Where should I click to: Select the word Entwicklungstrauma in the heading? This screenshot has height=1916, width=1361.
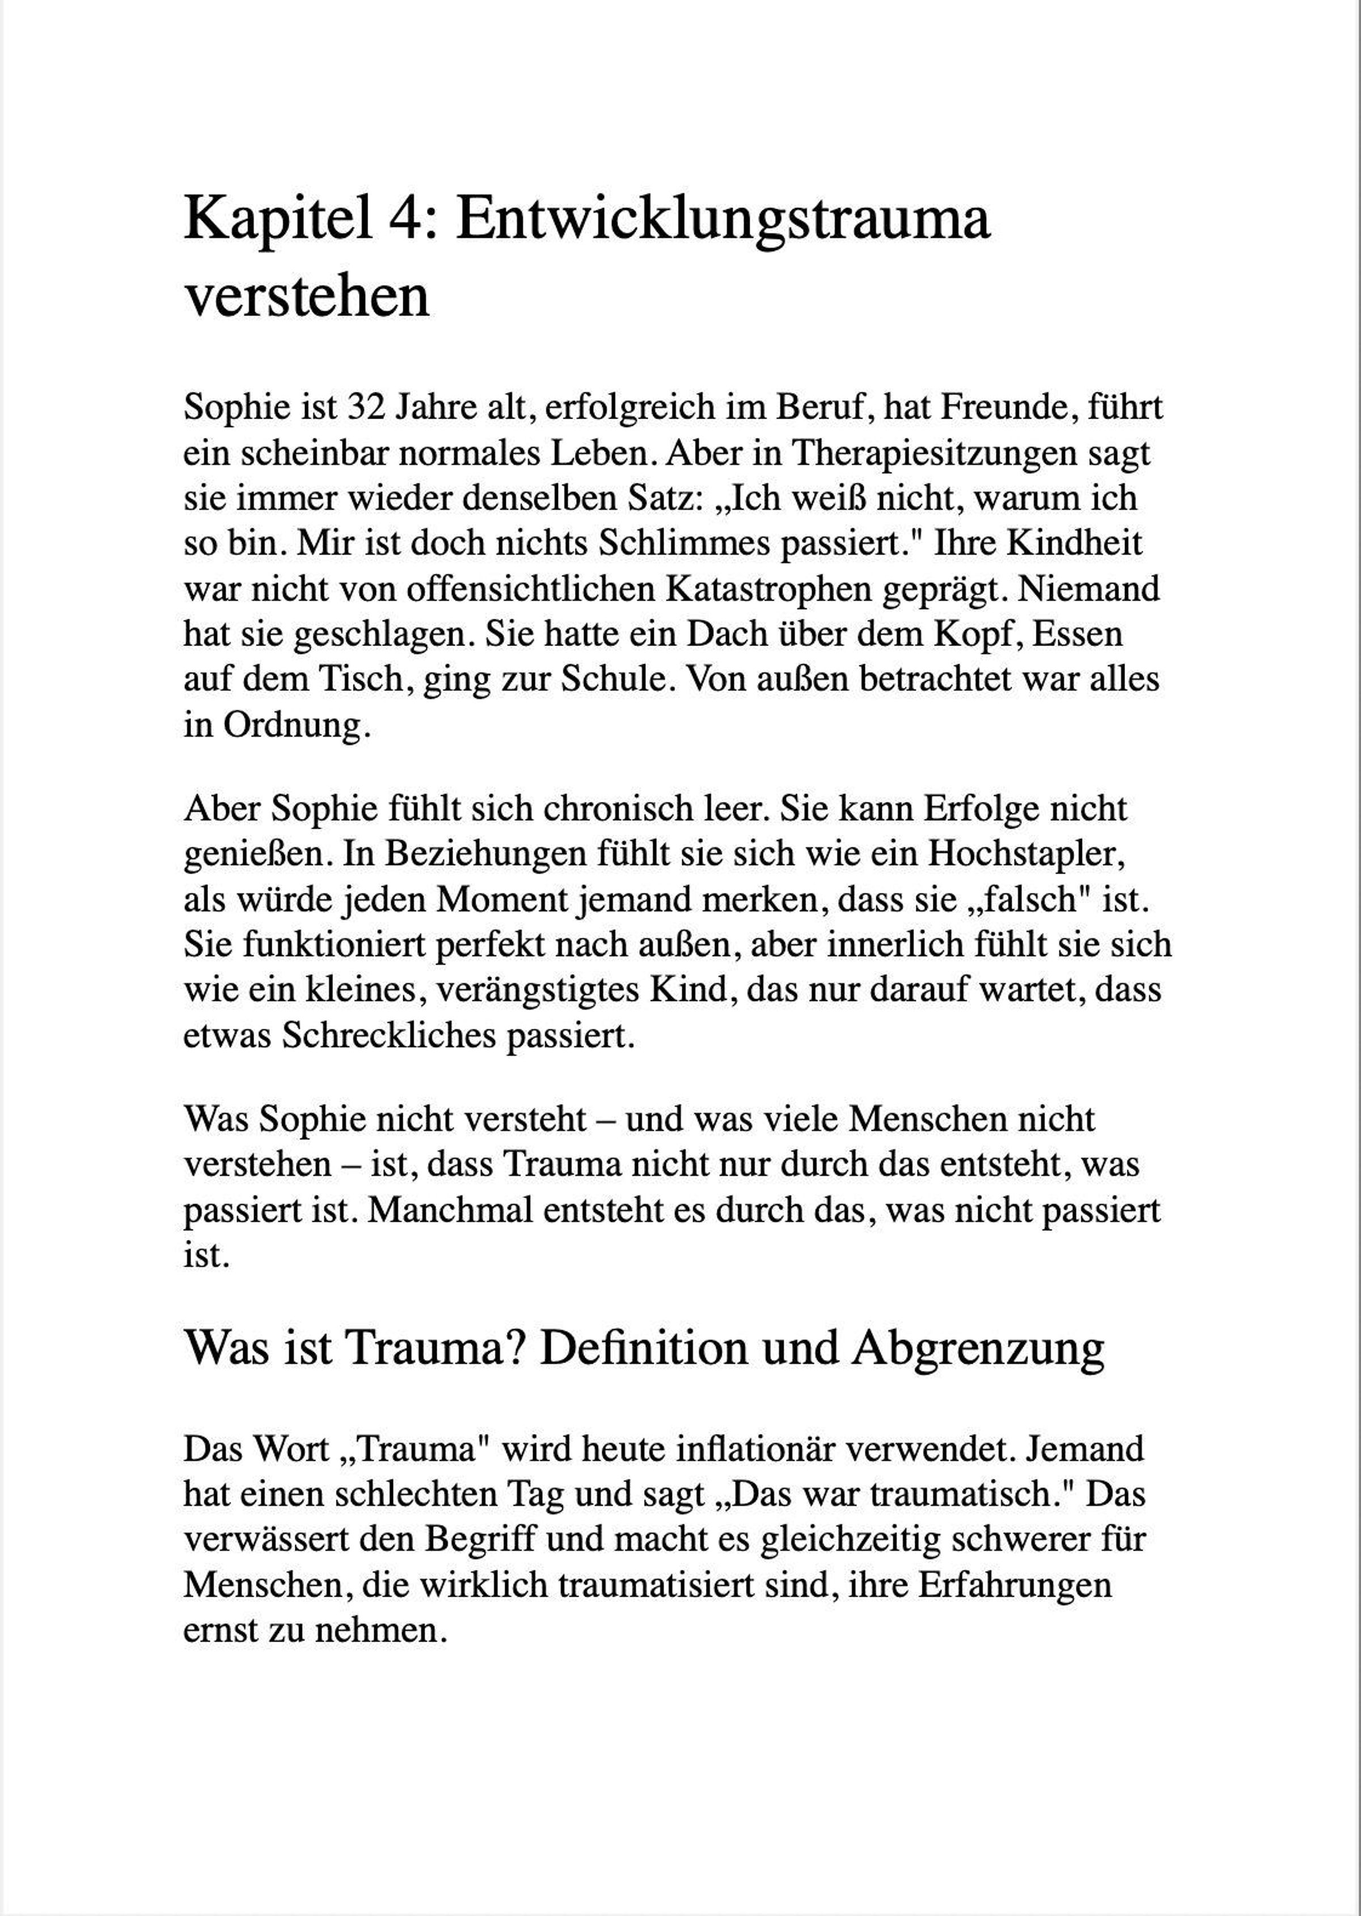[x=722, y=220]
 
